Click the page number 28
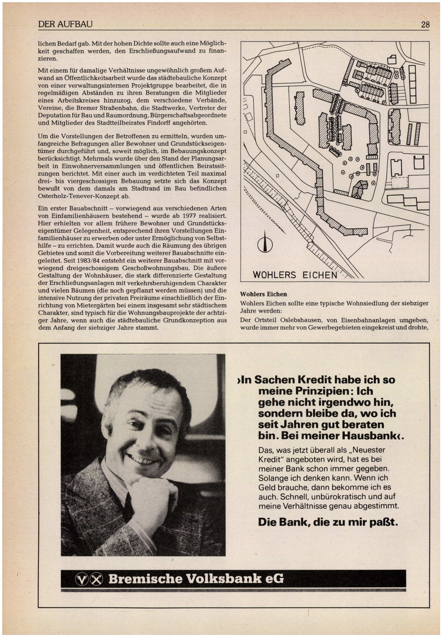[425, 25]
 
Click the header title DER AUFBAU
[65, 25]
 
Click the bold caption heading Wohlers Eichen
[263, 294]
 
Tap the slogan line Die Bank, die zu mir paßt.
[328, 522]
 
